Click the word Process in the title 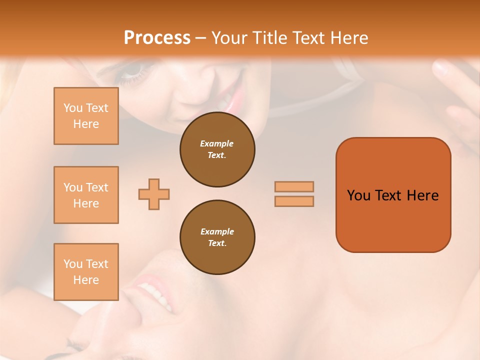point(157,38)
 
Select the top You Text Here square point(86,116)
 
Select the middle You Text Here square point(86,195)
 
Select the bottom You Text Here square point(86,272)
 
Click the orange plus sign point(154,194)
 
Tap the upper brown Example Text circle point(217,149)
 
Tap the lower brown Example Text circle point(217,237)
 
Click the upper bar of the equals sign point(294,186)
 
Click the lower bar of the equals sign point(294,201)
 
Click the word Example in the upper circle point(217,143)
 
